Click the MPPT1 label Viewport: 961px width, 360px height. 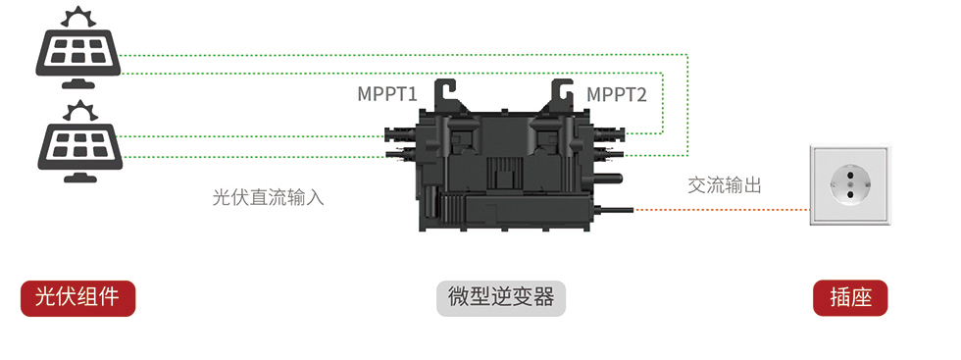tap(387, 94)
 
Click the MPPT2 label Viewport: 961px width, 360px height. tap(616, 94)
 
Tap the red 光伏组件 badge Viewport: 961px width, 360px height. tap(77, 298)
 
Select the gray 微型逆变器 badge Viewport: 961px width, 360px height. tap(501, 298)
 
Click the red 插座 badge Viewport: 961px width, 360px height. tap(850, 298)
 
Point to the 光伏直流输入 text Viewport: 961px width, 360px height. tap(268, 197)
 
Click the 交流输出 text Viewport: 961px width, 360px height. tap(725, 184)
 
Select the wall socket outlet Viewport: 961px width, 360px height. tap(850, 185)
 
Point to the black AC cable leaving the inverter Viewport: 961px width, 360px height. tap(614, 210)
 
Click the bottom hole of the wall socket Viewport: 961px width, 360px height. tap(850, 194)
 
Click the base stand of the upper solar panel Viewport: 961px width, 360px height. tap(77, 83)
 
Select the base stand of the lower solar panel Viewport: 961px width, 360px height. tap(80, 177)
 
